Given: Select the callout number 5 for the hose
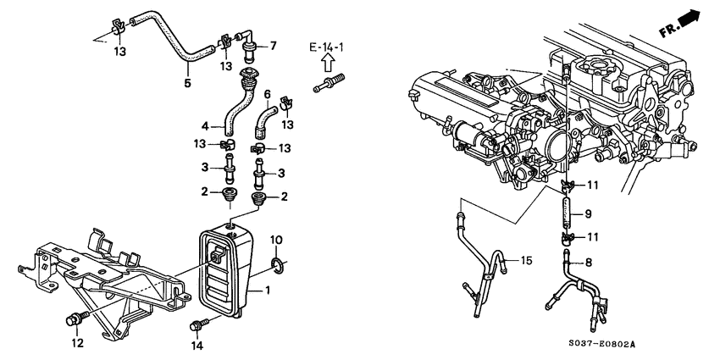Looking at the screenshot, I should pyautogui.click(x=187, y=83).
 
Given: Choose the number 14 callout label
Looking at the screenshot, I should pyautogui.click(x=197, y=346).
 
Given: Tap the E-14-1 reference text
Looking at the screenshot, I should pyautogui.click(x=325, y=46).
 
